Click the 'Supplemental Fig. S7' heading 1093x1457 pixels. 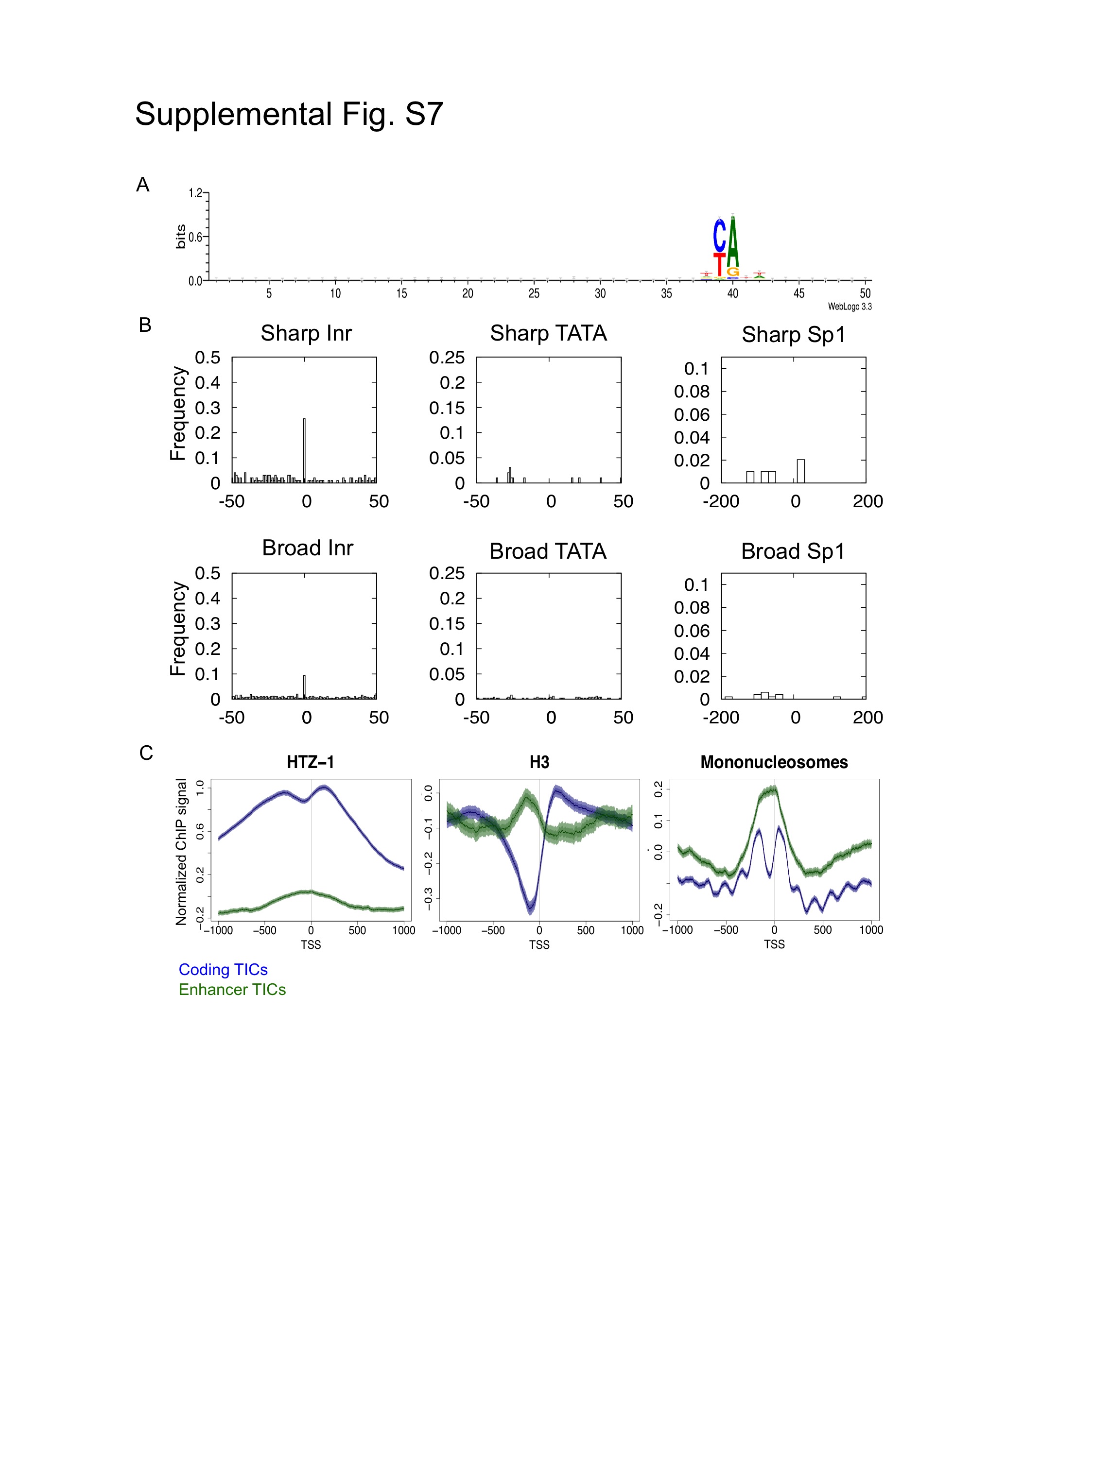coord(289,115)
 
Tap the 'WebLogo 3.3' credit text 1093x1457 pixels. coord(849,306)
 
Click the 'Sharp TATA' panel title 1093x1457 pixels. coord(548,333)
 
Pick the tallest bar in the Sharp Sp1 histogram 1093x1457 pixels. coord(800,471)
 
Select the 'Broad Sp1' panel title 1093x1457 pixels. coord(793,551)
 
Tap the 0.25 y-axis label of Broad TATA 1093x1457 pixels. coord(447,573)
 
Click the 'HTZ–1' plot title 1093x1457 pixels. coord(311,762)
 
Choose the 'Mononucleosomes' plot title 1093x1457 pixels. coord(774,762)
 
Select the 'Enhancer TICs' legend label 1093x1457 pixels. coord(232,989)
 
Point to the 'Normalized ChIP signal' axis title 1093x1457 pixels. coord(181,852)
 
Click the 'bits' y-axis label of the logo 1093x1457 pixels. coord(180,237)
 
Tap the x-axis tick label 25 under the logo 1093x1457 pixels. coord(534,294)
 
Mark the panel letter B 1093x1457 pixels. coord(145,325)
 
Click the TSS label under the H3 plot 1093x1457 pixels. coord(539,944)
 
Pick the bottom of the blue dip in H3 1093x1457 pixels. coord(530,909)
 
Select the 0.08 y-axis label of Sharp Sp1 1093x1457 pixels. coord(691,392)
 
